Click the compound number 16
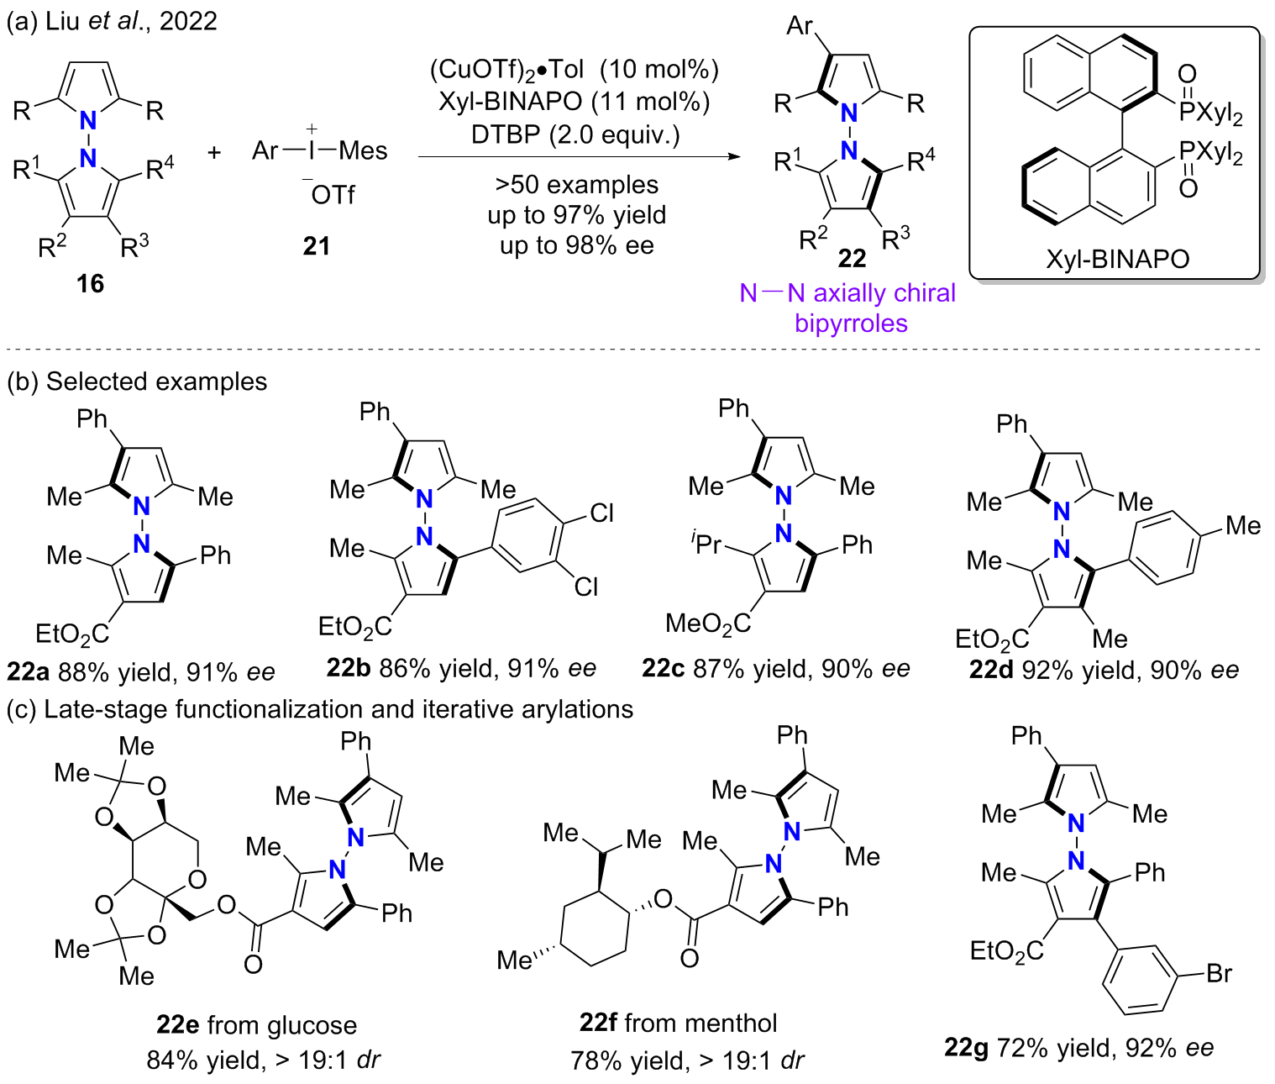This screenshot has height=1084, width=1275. point(90,284)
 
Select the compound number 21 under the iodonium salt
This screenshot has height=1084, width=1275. point(317,246)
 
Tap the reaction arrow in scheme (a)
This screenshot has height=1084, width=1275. point(579,157)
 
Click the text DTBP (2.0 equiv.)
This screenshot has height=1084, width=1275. point(575,134)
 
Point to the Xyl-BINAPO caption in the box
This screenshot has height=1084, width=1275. point(1117,259)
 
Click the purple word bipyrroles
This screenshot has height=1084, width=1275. point(851,324)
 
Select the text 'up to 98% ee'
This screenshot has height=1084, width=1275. point(576,245)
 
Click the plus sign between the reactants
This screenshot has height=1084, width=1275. point(214,152)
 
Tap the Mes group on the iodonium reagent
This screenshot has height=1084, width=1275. point(363,151)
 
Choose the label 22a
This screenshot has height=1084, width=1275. point(29,672)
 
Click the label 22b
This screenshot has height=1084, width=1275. point(349,669)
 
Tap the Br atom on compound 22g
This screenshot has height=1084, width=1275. point(1219,974)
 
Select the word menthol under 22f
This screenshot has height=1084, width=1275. point(733,1023)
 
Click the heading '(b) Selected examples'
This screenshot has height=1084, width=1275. point(137,382)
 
